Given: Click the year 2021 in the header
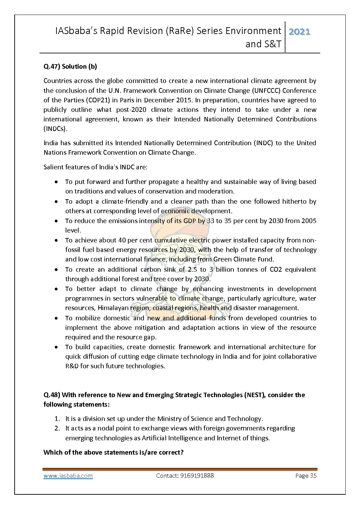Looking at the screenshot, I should point(299,32).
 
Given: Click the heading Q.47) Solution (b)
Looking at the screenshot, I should point(70,67).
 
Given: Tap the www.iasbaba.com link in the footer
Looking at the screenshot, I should point(68,476).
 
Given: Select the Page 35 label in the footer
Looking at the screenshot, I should point(306,476).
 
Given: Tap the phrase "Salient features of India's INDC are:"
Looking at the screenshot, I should point(95,167).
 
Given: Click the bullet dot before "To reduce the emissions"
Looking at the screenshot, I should point(56,221).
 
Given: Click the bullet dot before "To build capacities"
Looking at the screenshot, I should point(56,347).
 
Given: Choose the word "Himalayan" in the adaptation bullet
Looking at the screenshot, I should point(113,308).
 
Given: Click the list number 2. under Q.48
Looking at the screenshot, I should point(57,428).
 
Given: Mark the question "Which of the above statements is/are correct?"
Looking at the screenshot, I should point(114,453).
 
